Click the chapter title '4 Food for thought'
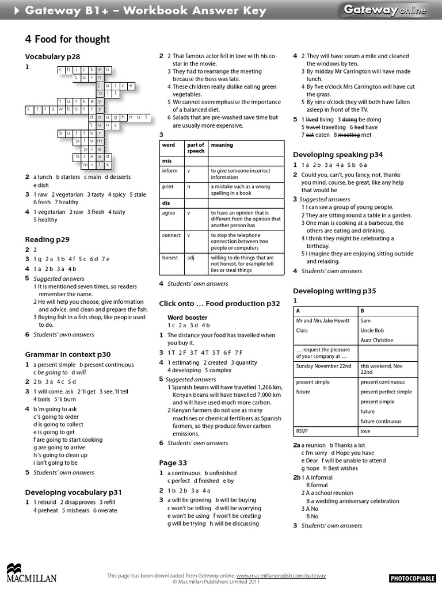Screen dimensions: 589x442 (x=67, y=39)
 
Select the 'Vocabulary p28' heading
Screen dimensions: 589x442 (x=52, y=56)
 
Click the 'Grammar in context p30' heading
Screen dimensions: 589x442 (x=67, y=354)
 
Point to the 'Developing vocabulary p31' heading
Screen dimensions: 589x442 (x=73, y=492)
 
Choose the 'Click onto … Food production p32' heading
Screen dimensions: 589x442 (x=219, y=303)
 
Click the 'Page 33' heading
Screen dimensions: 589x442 (x=173, y=462)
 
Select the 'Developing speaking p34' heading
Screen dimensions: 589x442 (x=338, y=155)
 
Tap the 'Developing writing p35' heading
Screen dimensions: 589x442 (x=334, y=291)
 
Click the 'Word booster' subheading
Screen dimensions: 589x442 (x=187, y=317)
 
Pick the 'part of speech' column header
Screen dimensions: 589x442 (x=196, y=148)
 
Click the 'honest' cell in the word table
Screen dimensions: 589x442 (x=170, y=258)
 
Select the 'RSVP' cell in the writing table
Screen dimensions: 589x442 (x=303, y=431)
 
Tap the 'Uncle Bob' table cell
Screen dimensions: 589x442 (x=372, y=331)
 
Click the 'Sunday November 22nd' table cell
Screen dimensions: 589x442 (x=323, y=366)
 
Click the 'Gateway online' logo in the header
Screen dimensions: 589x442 (x=385, y=10)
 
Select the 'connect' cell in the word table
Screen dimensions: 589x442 (x=171, y=235)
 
